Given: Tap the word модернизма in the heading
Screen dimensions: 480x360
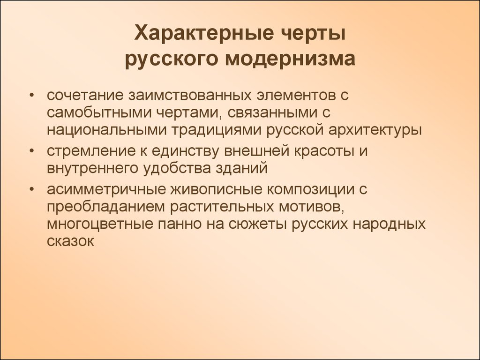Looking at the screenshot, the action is click(x=290, y=59).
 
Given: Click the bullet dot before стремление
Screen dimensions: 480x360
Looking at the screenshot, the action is click(x=31, y=151).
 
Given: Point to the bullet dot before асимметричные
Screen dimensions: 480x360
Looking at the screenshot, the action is click(x=31, y=189).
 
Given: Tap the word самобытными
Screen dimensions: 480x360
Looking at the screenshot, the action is click(x=99, y=112).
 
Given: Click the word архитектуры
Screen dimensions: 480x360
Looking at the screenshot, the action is click(x=375, y=130).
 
